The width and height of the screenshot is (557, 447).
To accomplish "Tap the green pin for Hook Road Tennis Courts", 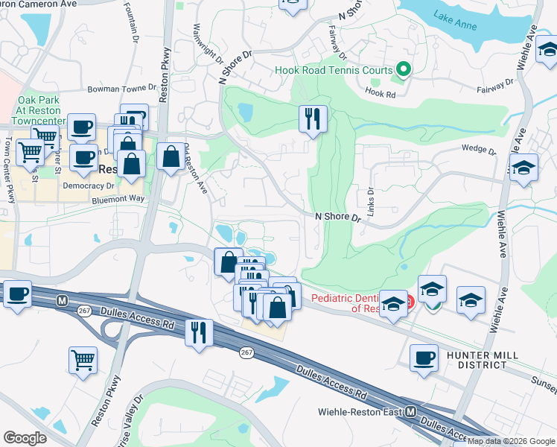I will [x=403, y=70].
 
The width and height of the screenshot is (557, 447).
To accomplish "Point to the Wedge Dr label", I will [x=479, y=150].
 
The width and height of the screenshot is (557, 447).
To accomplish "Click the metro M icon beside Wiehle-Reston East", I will [x=410, y=411].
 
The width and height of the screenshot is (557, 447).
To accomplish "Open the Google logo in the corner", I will [x=25, y=437].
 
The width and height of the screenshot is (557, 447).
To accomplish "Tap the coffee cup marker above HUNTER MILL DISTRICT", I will [x=424, y=357].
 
